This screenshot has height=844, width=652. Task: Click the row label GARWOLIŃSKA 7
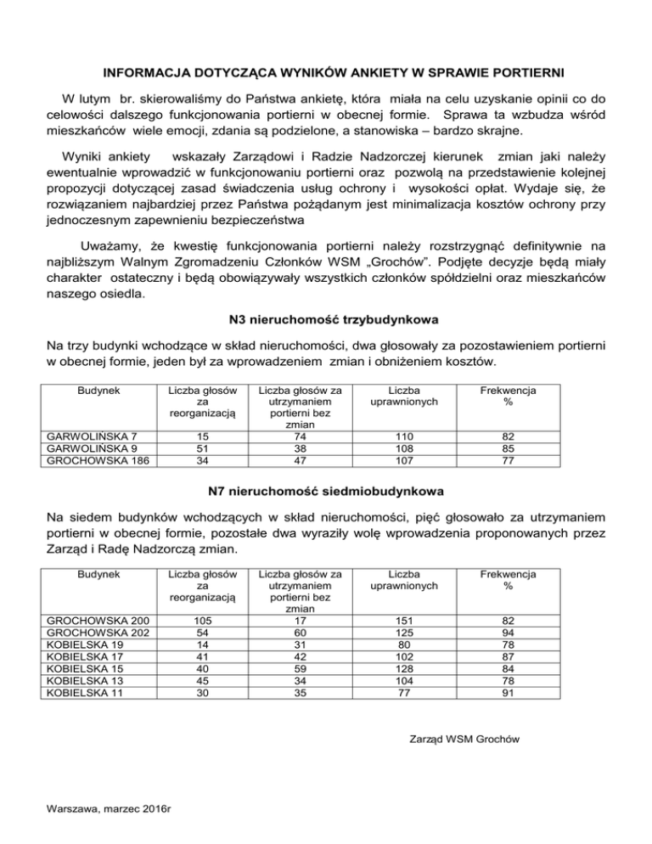[87, 436]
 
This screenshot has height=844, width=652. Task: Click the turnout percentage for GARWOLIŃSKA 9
[507, 450]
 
